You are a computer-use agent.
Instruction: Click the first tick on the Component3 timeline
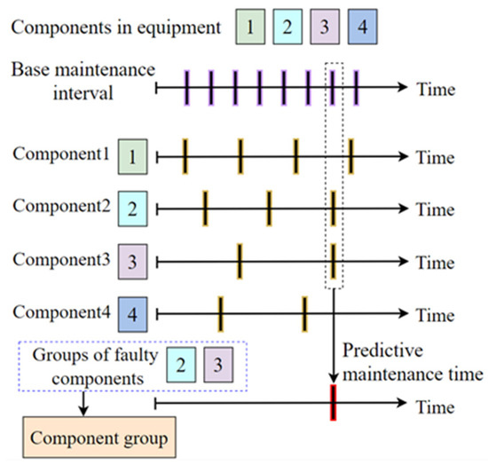(239, 263)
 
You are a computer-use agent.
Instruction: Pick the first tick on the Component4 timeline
(220, 313)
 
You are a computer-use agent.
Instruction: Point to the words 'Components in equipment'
(116, 27)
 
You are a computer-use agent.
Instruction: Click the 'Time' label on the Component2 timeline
(435, 210)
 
